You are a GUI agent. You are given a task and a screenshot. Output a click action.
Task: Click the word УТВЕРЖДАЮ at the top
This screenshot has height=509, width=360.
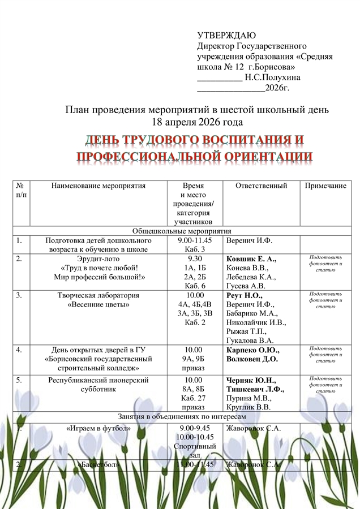click(x=226, y=36)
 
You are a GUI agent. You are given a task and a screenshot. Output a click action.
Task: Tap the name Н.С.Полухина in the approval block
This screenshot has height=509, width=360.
click(x=272, y=77)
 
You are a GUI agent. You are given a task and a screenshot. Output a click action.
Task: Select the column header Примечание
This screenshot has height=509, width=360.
click(x=325, y=186)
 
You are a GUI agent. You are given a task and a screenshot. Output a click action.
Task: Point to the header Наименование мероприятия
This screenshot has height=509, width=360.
click(x=98, y=186)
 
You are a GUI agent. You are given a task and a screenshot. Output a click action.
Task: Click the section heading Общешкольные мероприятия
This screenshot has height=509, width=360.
click(x=182, y=231)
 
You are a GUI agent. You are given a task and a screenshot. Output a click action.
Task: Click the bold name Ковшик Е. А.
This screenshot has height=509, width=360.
click(x=251, y=259)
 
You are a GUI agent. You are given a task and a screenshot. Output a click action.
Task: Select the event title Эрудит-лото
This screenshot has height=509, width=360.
click(x=98, y=259)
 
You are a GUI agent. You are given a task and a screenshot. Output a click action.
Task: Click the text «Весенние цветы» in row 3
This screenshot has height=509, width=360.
click(x=98, y=304)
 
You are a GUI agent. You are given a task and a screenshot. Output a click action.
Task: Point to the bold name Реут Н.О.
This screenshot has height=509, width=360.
click(x=244, y=295)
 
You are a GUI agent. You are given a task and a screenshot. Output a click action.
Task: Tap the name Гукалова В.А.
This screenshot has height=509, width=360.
click(x=250, y=340)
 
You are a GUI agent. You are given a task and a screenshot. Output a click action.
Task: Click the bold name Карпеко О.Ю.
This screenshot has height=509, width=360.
click(x=252, y=350)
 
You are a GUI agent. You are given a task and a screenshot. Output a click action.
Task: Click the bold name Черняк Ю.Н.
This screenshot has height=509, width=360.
click(x=251, y=380)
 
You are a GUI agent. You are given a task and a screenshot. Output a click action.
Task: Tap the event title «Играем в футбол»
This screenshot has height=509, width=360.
click(x=98, y=428)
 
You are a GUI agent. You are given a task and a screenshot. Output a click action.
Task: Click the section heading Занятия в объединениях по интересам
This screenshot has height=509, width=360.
click(x=182, y=417)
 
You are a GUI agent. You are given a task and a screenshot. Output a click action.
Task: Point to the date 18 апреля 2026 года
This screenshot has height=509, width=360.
click(x=198, y=122)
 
